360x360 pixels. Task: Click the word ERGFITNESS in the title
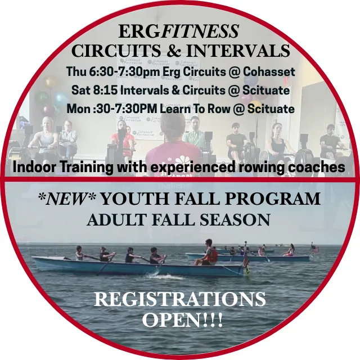[x=179, y=31]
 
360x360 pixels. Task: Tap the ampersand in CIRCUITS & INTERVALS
[x=174, y=51]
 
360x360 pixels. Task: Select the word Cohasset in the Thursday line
[x=269, y=71]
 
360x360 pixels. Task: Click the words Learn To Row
[x=195, y=109]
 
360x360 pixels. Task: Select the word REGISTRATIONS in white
[x=180, y=299]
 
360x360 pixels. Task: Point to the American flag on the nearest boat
[x=246, y=260]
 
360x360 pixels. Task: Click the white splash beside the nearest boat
[x=164, y=276]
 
